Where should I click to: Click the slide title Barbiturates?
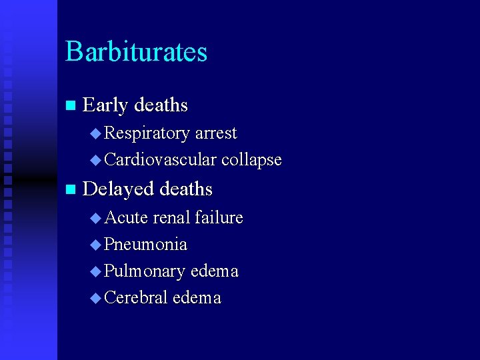click(x=136, y=52)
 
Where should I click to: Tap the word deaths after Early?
click(x=161, y=105)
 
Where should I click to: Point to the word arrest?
click(x=215, y=133)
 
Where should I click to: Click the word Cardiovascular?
click(x=160, y=160)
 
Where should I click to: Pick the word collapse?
click(x=251, y=160)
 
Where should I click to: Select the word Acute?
click(x=126, y=217)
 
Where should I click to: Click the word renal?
click(x=171, y=217)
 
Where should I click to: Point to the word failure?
click(x=219, y=217)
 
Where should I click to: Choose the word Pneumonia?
click(x=145, y=245)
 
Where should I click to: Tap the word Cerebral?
click(x=136, y=298)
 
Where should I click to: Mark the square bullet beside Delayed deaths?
click(x=71, y=190)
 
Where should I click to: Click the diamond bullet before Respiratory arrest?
click(x=95, y=134)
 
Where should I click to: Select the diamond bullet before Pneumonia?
click(x=95, y=245)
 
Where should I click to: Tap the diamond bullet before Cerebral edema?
click(x=95, y=298)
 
